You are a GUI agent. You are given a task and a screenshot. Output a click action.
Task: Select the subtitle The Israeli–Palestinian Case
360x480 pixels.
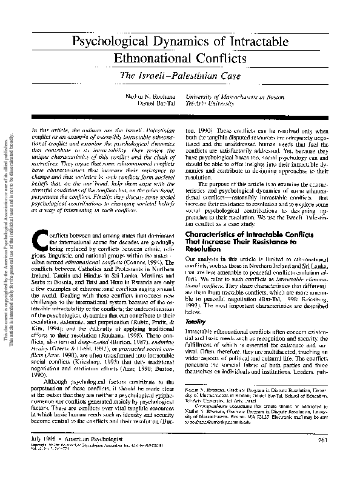(x=179, y=76)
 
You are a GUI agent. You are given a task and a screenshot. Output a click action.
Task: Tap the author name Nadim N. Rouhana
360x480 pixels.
(x=149, y=97)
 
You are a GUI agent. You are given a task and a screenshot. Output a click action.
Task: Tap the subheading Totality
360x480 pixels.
(x=195, y=307)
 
